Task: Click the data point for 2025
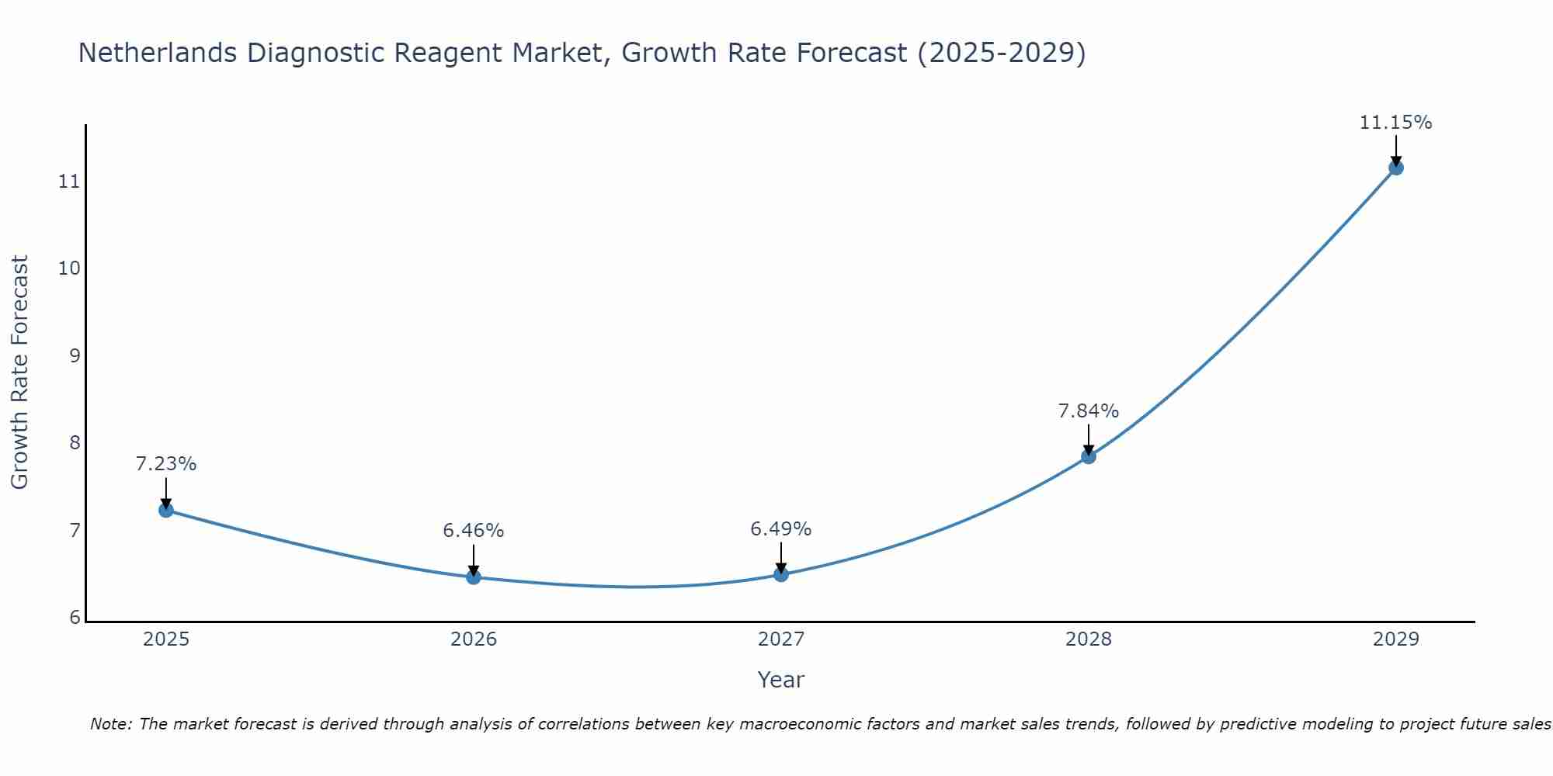click(165, 510)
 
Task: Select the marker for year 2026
click(473, 577)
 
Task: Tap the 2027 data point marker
click(780, 574)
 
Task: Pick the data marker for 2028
click(1088, 456)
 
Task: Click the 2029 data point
click(1395, 168)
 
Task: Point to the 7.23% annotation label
click(165, 464)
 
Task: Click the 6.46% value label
click(473, 531)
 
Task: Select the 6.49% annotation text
click(780, 529)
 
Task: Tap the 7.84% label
click(1088, 411)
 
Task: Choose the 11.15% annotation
click(1395, 123)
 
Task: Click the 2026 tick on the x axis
click(474, 639)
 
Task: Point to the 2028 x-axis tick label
click(1088, 639)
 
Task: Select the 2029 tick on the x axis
click(1395, 639)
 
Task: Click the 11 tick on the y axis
click(69, 182)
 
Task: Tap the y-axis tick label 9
click(75, 356)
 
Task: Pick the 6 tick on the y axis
click(75, 618)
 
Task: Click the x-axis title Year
click(780, 680)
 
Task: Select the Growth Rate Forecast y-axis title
click(19, 372)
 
